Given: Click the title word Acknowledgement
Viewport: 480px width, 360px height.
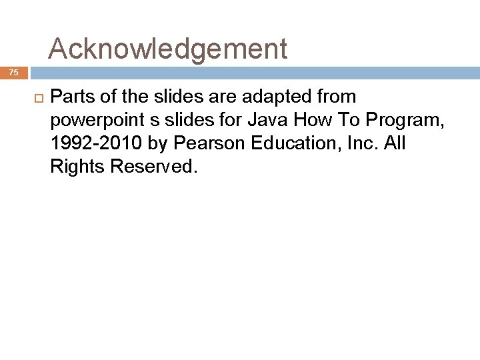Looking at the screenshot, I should (168, 49).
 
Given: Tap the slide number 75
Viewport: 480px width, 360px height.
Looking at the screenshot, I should (14, 73).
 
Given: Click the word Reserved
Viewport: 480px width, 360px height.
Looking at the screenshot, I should (153, 167).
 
